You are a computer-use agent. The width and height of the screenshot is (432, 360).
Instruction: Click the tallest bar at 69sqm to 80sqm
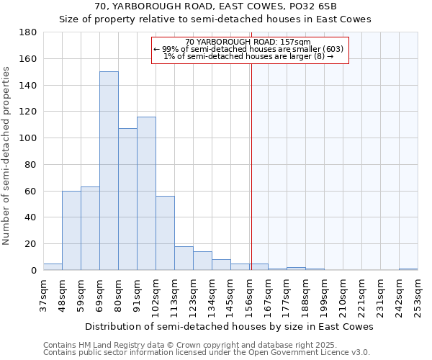point(109,171)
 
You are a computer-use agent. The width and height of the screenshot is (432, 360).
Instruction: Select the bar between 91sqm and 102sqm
point(146,193)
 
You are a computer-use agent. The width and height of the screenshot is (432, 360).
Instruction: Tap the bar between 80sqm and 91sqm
point(127,199)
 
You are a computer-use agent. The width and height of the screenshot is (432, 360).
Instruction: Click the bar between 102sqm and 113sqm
point(165,233)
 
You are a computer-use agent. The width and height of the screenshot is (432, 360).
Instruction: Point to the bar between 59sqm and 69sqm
point(90,228)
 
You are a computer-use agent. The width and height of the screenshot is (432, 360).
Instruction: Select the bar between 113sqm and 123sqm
point(184,258)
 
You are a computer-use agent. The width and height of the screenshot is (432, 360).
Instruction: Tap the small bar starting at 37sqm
point(53,266)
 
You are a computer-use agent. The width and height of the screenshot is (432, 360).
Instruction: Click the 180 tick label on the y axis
point(28,32)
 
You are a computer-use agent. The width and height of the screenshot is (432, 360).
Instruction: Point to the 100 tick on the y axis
point(28,138)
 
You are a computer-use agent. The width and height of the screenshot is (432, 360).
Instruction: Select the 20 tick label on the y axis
point(31,244)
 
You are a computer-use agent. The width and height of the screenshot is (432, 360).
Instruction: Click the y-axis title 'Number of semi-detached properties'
point(7,156)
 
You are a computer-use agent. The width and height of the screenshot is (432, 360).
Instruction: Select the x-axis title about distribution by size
point(229,326)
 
